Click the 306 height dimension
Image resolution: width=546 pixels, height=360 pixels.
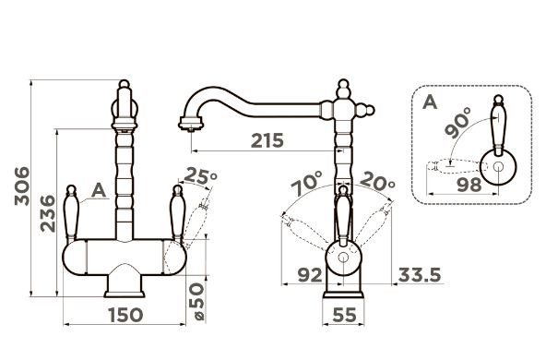point(22,186)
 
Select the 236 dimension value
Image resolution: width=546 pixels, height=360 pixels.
point(48,213)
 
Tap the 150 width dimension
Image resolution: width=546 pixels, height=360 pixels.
point(125,315)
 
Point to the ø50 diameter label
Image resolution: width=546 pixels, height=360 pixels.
point(196,301)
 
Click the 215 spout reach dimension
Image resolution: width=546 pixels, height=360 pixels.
point(267,141)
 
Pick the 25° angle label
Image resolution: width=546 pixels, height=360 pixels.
point(199,176)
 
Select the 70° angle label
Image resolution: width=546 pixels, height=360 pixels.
point(307,184)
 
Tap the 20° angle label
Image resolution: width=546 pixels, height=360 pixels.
point(377,181)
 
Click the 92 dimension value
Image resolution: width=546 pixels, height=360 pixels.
point(310,275)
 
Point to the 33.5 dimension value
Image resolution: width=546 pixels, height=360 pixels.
point(420,275)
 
